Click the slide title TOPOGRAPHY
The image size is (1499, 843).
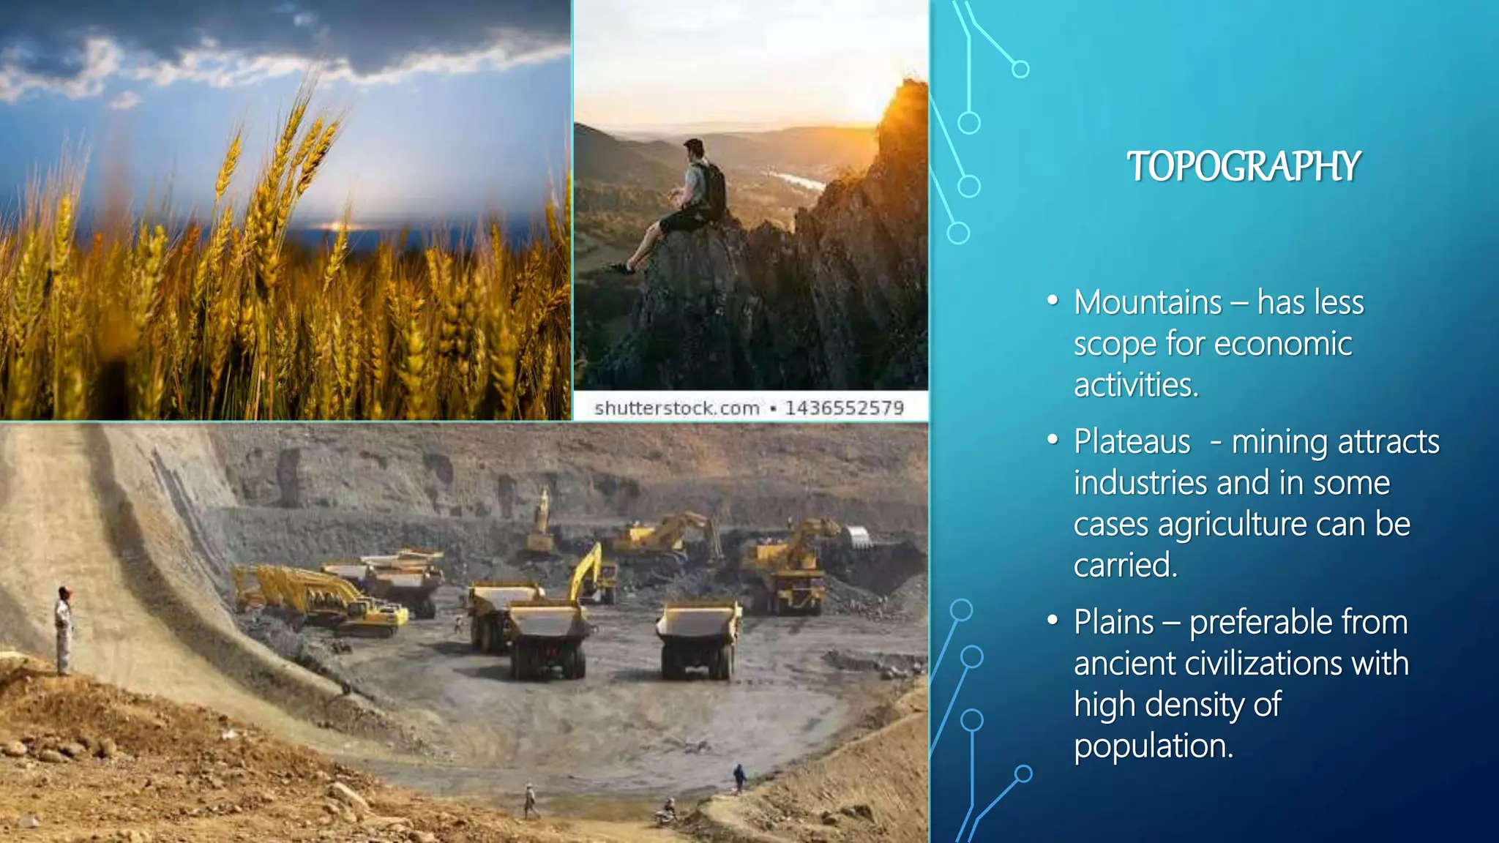[1244, 167]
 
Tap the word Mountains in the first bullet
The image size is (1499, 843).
[1148, 302]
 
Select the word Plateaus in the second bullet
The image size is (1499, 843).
[1132, 441]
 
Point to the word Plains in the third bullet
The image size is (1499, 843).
[1113, 622]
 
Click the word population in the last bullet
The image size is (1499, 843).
[1154, 746]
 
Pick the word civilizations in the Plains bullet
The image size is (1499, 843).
[1264, 663]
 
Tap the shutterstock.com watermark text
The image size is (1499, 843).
[676, 408]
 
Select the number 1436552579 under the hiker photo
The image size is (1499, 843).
[844, 408]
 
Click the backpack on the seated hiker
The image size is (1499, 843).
[710, 189]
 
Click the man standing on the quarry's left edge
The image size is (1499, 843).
[64, 629]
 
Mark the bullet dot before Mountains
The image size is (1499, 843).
[1053, 301]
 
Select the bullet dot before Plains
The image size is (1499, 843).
[1053, 621]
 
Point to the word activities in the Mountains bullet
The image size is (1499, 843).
[1136, 385]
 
